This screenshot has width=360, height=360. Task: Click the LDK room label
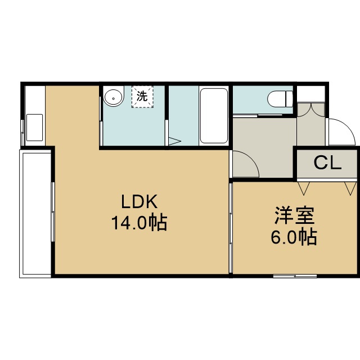coord(139,201)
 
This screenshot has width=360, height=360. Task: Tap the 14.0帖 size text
coord(139,223)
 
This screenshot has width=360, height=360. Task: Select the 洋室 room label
coord(294,215)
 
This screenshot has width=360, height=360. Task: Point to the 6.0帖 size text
coord(294,236)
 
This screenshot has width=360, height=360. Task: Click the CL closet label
coord(327,163)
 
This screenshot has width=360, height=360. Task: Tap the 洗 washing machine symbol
coord(142,97)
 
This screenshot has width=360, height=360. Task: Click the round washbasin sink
coord(114,96)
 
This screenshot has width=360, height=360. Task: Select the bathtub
coord(214,116)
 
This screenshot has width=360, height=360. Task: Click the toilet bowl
coord(280,99)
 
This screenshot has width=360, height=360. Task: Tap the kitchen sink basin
coord(34,128)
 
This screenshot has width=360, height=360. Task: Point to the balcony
coord(35,214)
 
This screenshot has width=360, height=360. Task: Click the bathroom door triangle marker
coord(174,141)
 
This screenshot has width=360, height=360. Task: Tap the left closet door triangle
coord(304,188)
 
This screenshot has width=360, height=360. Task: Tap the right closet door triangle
coord(350,188)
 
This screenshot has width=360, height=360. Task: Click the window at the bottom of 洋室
coord(295,276)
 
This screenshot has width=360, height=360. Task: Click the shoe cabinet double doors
coord(311,110)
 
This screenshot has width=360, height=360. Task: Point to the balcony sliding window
coord(53,211)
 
